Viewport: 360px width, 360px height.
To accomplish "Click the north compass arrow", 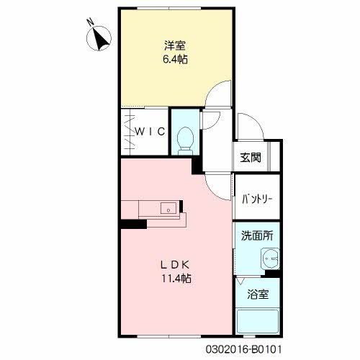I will coord(102,40).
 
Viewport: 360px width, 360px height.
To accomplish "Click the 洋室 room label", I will coord(175,45).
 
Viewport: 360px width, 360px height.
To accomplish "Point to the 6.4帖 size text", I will coord(175,59).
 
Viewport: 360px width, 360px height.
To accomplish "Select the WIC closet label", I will coord(153,132).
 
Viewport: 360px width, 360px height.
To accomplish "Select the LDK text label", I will coord(175,264).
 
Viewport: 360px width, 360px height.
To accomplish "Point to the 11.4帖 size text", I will coord(175,279).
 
